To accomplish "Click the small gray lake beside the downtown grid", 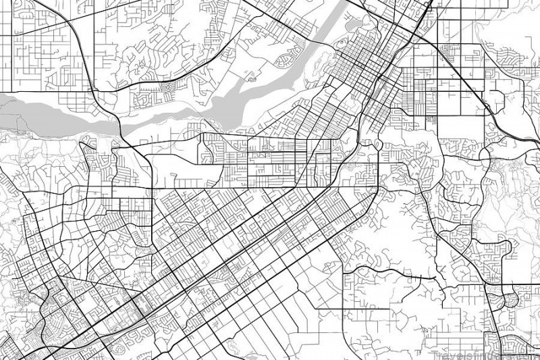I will (x=351, y=26).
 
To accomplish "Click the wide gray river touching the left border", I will (x=27, y=108).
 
